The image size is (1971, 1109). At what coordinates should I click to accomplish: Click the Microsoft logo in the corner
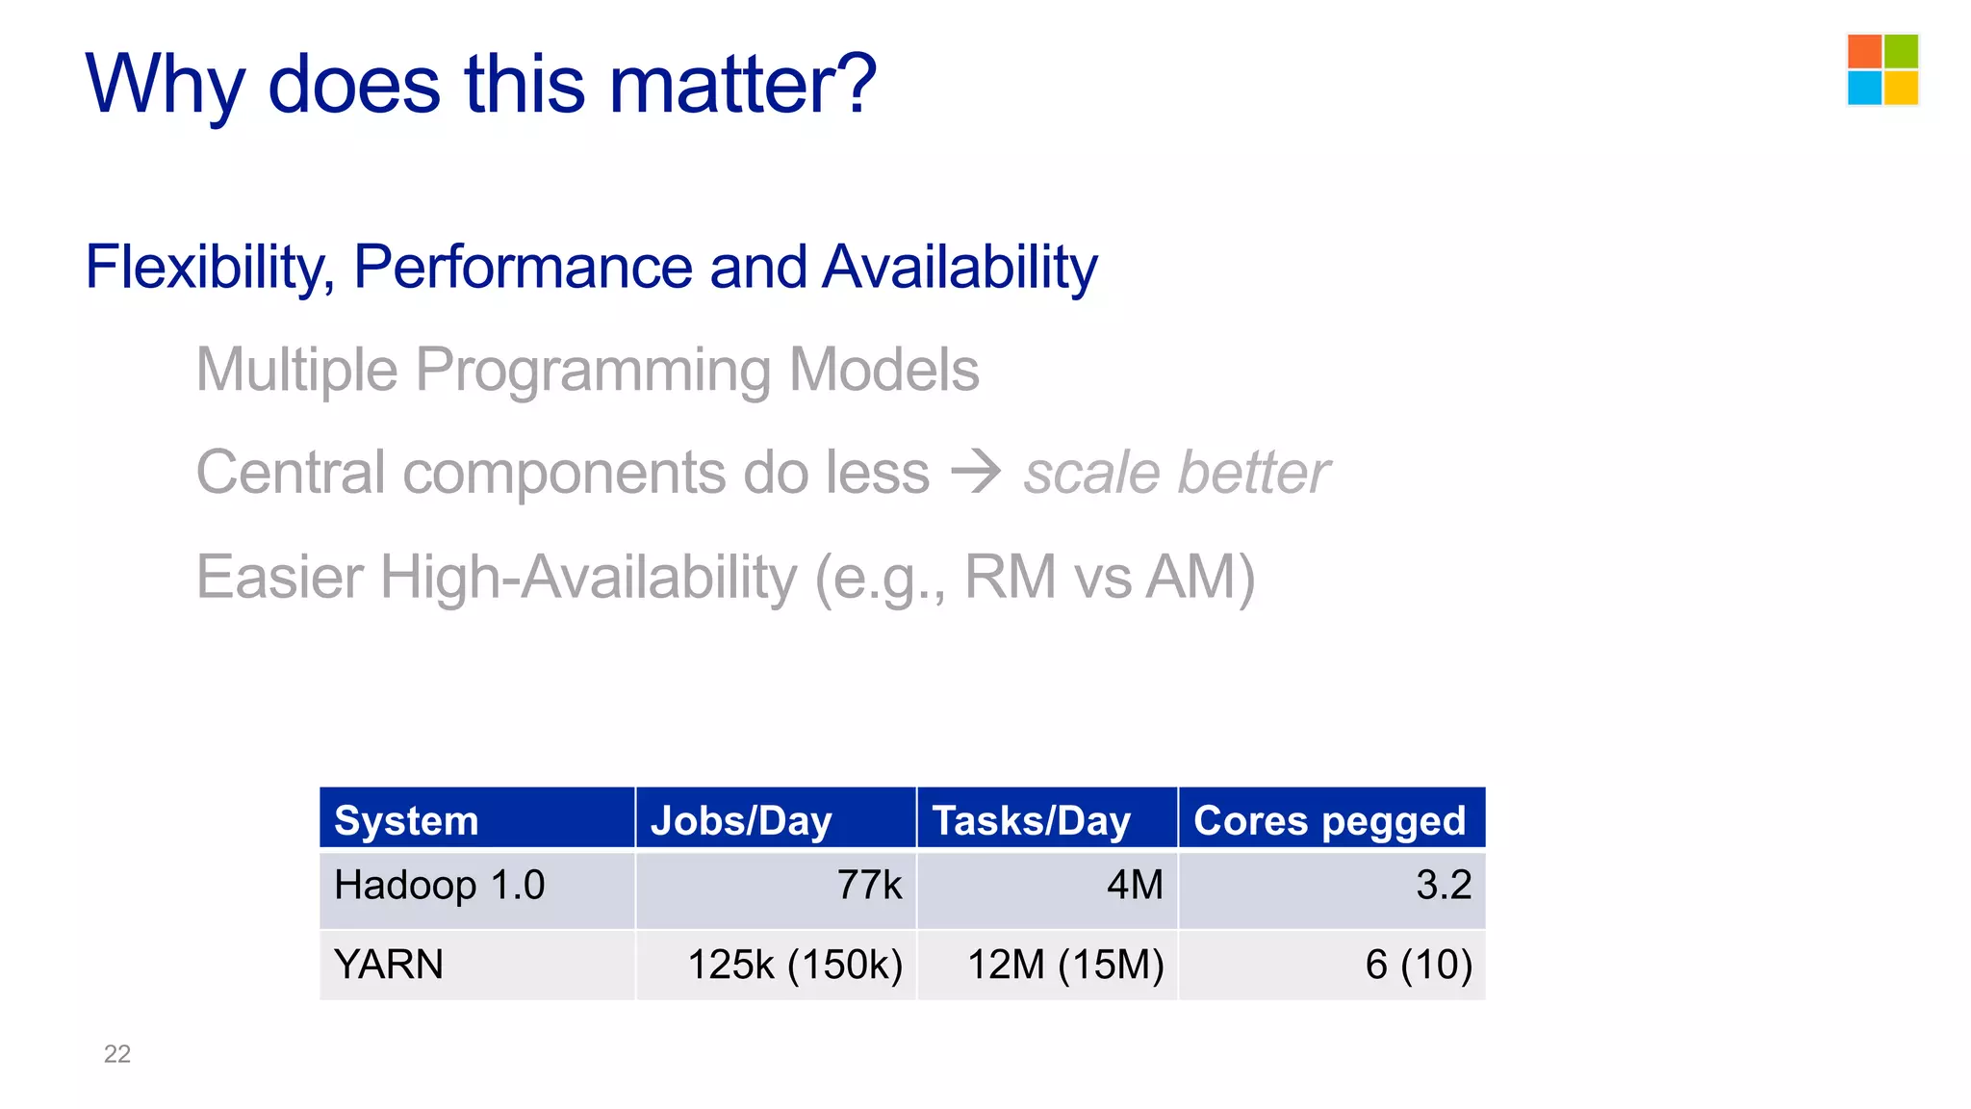coord(1882,69)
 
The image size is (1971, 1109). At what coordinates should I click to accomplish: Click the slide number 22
coord(116,1054)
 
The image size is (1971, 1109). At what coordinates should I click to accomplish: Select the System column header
coord(406,821)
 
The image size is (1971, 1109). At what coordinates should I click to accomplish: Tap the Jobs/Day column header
coord(741,821)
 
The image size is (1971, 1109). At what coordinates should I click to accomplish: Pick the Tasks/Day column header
coord(1031,821)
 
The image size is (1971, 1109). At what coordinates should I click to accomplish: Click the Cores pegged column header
coord(1329,821)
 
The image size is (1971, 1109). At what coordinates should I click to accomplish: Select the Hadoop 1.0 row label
coord(439,885)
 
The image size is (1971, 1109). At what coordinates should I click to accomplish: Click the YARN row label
coord(389,965)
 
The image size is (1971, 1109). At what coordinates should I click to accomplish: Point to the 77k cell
coord(869,885)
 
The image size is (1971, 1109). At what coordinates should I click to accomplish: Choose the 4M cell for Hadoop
coord(1135,885)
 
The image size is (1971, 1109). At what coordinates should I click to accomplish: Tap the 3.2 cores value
coord(1443,885)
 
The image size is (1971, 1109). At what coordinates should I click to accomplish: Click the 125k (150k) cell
coord(795,965)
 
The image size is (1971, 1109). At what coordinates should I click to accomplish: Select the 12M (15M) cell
coord(1065,965)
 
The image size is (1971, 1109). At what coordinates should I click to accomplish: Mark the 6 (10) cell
coord(1419,965)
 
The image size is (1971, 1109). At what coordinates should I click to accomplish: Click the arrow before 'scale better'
coord(976,472)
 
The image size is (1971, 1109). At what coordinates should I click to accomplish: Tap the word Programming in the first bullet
coord(593,371)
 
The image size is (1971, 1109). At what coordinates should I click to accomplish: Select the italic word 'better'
coord(1253,473)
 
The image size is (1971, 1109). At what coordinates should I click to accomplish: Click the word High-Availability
coord(588,578)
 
